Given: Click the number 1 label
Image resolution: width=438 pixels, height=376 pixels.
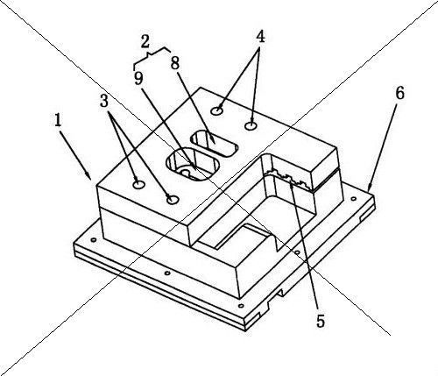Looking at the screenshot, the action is (59, 120).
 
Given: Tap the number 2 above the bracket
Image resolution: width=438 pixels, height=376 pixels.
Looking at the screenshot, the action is (145, 41).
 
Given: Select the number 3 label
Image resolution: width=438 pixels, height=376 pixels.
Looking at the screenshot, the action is (104, 101).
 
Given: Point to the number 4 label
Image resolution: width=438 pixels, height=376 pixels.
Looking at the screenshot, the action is (260, 37).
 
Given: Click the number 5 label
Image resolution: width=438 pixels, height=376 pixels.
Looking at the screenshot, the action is (321, 322).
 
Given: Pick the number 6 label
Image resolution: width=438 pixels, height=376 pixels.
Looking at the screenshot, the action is (399, 93).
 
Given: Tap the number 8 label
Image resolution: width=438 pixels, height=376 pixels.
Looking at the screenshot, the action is (174, 63).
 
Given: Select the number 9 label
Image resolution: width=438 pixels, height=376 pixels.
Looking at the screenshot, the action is (138, 78).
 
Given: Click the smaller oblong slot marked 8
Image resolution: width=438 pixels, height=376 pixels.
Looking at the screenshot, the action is (214, 143).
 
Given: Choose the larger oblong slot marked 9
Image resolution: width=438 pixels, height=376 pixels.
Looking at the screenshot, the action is (192, 164).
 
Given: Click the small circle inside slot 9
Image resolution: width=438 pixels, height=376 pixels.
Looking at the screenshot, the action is (186, 173).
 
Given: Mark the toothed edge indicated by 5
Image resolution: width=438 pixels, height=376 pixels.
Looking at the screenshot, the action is (290, 178).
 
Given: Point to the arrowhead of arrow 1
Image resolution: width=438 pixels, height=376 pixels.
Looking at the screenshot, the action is (88, 176).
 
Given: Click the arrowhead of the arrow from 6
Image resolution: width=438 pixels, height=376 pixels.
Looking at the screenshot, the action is (369, 187).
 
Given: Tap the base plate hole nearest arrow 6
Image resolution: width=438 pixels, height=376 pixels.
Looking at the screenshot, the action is (354, 199).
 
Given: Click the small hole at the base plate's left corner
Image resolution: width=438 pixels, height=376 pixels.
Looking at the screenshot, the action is (94, 240).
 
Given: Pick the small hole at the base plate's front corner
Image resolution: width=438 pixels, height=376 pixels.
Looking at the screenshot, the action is (241, 306).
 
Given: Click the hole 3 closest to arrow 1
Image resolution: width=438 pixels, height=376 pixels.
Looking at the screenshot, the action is (139, 184).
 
